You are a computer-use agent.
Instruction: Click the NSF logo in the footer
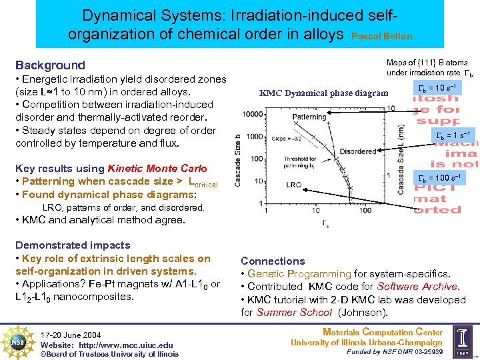18,341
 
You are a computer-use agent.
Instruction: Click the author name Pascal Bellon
381,37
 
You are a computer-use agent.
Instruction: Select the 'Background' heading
50,65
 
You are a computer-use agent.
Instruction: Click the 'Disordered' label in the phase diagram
358,152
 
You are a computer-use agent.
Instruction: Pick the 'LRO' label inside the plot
294,183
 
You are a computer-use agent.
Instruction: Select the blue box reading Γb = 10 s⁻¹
436,89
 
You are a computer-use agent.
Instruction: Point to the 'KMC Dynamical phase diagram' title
323,93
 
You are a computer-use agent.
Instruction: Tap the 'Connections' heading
273,261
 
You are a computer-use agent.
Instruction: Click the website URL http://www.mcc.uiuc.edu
127,345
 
